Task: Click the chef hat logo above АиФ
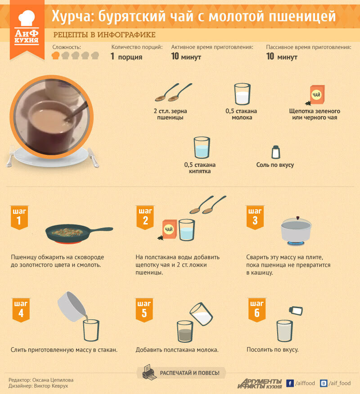point(27,18)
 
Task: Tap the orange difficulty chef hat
point(55,55)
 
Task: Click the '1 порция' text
point(126,57)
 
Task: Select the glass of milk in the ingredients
point(242,94)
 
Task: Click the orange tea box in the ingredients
point(317,95)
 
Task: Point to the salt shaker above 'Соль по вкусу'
point(276,152)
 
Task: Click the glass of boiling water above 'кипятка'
point(202,148)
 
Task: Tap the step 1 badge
point(19,217)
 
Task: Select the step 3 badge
point(255,217)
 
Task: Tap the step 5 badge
point(144,310)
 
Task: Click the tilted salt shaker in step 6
point(296,311)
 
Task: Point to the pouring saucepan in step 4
point(72,307)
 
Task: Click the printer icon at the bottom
point(149,372)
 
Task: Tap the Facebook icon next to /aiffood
point(290,383)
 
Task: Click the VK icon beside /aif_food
point(324,383)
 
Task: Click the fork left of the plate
point(10,157)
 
